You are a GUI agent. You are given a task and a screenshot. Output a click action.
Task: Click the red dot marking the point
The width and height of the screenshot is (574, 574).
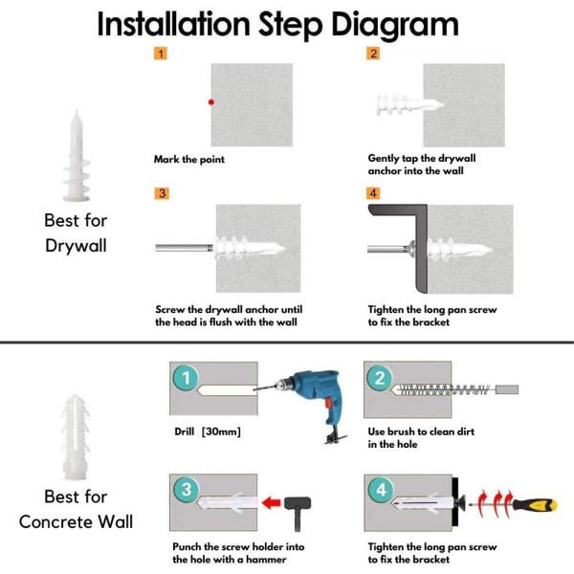tap(211, 102)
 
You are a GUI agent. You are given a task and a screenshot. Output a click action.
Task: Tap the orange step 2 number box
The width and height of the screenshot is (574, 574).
tap(373, 54)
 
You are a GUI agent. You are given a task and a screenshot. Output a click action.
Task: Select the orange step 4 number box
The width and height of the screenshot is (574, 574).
tap(373, 193)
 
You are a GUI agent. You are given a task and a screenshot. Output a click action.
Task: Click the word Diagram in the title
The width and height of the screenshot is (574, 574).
tap(394, 25)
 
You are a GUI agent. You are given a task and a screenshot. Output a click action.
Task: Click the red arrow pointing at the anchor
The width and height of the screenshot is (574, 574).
tap(272, 502)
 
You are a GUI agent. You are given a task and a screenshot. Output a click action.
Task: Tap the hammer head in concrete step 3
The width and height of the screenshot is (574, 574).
tap(298, 503)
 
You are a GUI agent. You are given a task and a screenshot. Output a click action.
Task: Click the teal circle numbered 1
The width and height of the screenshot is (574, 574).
tap(187, 378)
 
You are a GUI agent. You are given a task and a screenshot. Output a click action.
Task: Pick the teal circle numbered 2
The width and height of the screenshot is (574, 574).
tap(380, 378)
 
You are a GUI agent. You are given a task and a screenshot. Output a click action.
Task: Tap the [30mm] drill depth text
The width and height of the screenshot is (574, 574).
tap(221, 431)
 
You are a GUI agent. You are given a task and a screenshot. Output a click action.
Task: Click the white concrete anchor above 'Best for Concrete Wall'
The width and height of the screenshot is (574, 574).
tap(76, 437)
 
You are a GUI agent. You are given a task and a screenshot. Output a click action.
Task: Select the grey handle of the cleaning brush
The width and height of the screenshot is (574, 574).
tap(507, 389)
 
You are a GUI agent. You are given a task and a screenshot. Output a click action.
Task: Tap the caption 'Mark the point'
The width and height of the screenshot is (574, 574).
tap(189, 159)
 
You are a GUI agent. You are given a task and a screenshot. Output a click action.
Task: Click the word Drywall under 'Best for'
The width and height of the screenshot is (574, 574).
tap(77, 246)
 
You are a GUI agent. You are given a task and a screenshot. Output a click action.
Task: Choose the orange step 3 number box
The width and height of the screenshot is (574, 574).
tap(162, 193)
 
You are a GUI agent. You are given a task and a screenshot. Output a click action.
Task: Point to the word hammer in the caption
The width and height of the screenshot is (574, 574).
tap(266, 560)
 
